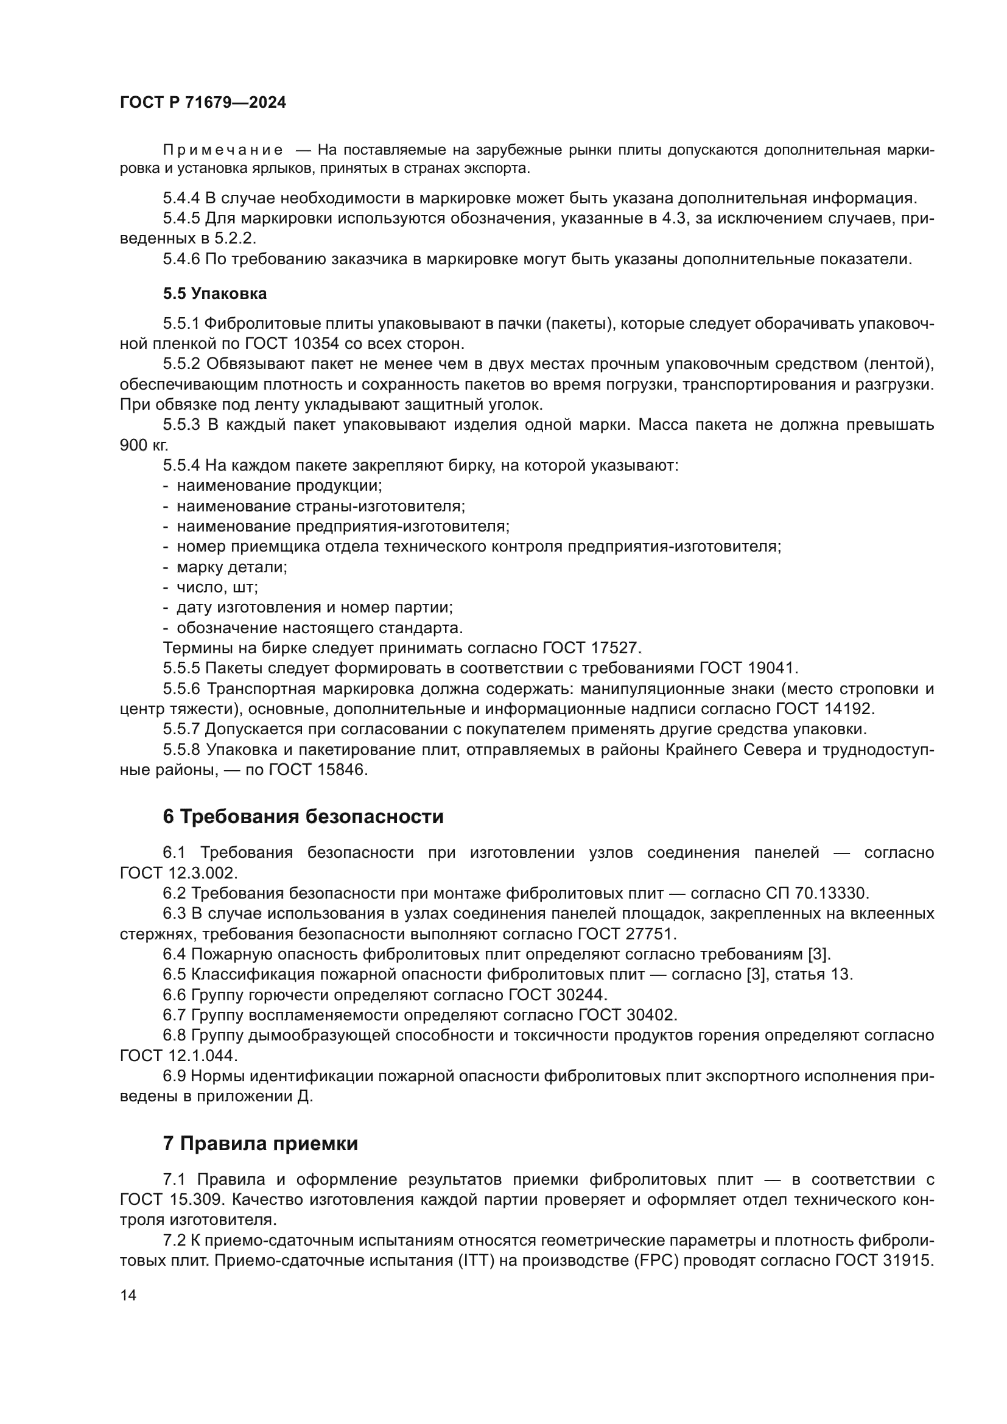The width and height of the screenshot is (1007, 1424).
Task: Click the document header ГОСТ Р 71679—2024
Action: pyautogui.click(x=203, y=103)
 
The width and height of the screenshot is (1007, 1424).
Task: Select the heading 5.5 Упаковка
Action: pyautogui.click(x=214, y=293)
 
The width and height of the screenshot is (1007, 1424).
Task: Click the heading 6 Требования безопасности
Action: pyautogui.click(x=303, y=817)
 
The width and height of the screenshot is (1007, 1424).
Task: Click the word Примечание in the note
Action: pyautogui.click(x=223, y=150)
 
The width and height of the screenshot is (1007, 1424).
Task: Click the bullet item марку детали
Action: pyautogui.click(x=232, y=567)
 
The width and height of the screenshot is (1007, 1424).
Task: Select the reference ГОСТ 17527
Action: pyautogui.click(x=590, y=648)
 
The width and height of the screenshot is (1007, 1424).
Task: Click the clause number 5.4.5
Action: pyautogui.click(x=181, y=219)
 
